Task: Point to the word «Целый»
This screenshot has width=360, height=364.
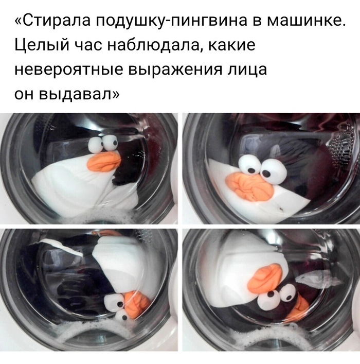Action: click(42, 45)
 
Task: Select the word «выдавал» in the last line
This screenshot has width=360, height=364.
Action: click(79, 95)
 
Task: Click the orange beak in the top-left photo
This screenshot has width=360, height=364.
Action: click(104, 160)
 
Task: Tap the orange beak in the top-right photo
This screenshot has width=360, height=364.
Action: click(250, 185)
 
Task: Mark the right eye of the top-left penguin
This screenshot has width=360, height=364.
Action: click(110, 143)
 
